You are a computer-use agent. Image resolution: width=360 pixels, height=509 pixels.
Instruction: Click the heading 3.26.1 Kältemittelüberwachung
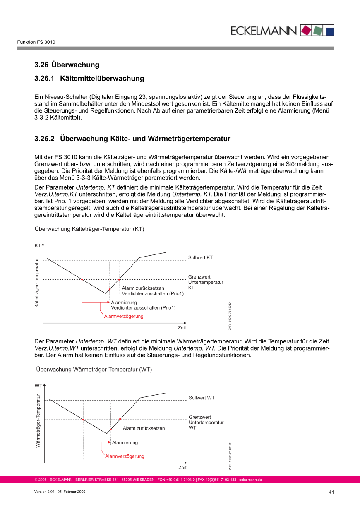89,78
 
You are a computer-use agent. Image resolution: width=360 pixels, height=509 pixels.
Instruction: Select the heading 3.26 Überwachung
67,65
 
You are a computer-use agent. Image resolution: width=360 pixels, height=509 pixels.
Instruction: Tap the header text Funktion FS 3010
36,42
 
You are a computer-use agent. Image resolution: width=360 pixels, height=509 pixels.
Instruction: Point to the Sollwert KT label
200,257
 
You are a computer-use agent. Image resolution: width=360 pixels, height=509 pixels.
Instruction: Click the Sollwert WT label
202,398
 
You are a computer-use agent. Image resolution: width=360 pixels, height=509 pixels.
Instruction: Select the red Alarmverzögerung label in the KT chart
124,316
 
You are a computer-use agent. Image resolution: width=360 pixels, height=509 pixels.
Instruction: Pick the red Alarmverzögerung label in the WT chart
125,456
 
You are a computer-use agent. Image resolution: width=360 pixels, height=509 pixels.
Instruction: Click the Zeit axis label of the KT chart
182,328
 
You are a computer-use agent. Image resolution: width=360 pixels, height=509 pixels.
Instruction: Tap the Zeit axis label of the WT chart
182,468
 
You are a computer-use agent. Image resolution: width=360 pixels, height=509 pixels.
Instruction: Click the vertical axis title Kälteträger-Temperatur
37,283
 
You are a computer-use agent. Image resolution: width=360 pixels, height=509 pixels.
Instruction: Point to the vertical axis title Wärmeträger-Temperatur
38,420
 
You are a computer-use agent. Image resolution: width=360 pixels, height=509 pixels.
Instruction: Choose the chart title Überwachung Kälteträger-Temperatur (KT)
89,228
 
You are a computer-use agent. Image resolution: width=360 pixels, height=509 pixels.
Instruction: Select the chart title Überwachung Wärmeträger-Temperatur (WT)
94,369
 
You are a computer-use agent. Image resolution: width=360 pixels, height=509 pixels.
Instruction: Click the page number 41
331,492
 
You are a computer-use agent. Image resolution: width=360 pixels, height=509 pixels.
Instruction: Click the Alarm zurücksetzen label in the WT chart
144,428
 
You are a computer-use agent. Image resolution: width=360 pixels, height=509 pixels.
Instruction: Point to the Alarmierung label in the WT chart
125,442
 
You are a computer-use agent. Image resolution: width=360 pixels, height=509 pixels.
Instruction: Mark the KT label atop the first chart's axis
38,245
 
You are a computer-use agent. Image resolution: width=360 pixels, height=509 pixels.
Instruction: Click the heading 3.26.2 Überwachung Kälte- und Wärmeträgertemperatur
132,139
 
